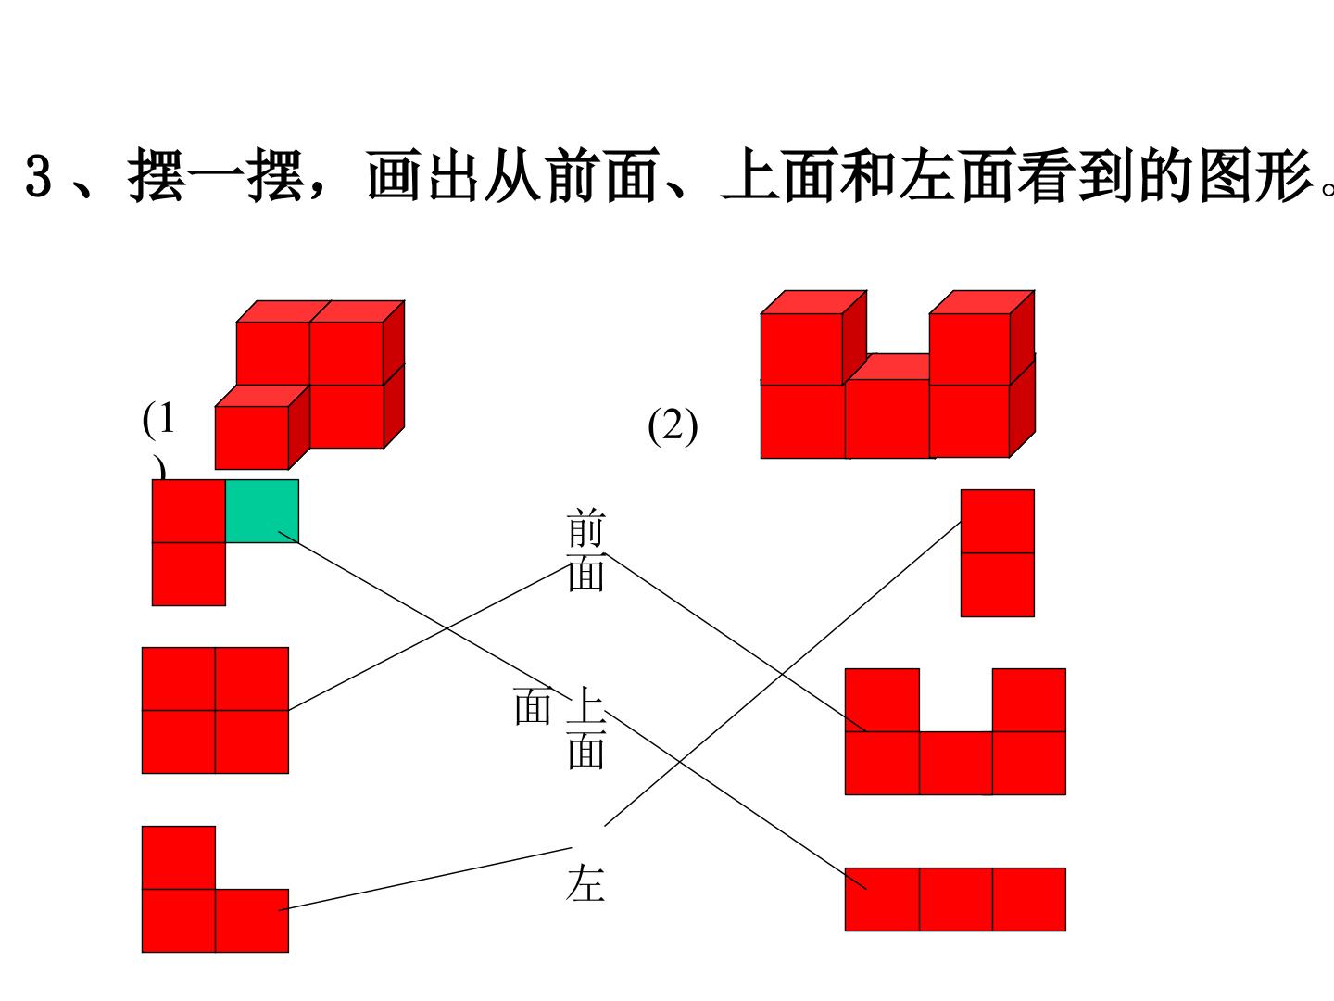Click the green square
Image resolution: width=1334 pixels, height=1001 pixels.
(262, 511)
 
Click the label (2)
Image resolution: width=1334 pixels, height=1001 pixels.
(673, 426)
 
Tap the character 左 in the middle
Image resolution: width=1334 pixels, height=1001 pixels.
(585, 882)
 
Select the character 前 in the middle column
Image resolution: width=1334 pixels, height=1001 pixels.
(585, 528)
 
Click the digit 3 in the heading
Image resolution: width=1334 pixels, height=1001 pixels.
(39, 176)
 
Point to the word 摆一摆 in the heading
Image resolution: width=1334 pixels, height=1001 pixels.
(215, 175)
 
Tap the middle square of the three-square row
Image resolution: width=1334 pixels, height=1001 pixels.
(955, 899)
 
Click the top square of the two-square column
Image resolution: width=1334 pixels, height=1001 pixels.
(998, 522)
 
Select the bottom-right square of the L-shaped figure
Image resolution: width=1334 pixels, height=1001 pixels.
(252, 920)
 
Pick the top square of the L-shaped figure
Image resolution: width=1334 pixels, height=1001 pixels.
(179, 857)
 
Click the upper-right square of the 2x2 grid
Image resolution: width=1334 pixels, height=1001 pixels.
(252, 678)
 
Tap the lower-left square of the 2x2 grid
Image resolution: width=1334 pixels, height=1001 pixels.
(179, 742)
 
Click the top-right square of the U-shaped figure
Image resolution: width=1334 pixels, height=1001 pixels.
(1029, 700)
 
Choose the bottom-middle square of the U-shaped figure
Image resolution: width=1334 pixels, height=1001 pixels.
(955, 764)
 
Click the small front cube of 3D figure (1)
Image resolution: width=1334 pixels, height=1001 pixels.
(252, 437)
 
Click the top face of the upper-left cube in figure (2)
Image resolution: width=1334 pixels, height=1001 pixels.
(813, 302)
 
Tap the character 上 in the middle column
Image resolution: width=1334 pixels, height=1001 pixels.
(585, 705)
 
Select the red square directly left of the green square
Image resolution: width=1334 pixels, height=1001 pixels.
(189, 511)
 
